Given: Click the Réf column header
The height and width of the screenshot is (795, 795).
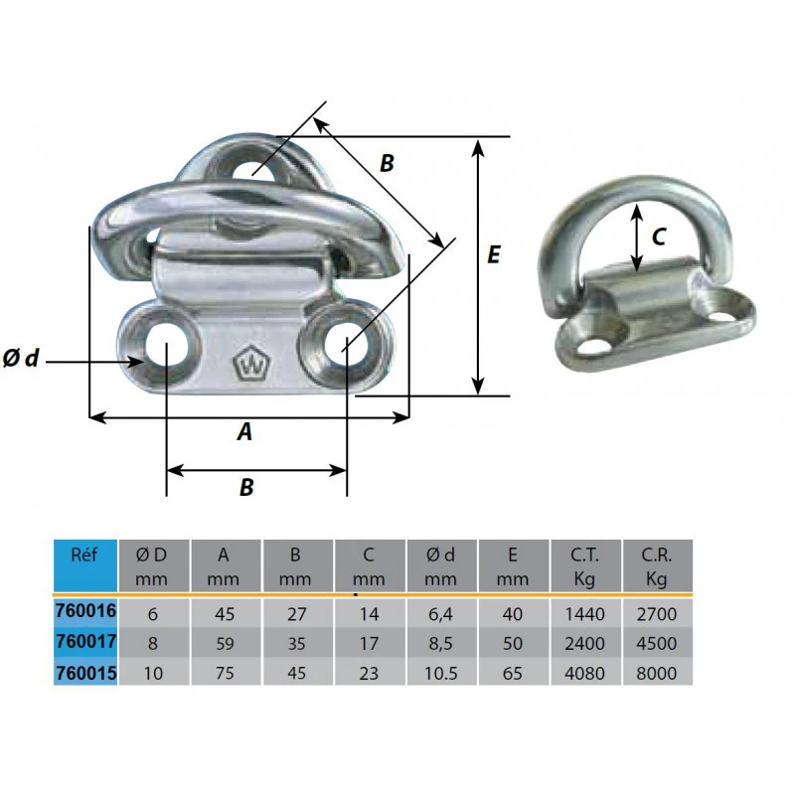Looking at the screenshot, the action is click(84, 555).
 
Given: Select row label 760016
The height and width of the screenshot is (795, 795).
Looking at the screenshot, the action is click(85, 610).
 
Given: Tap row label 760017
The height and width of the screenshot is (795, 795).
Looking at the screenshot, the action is click(85, 641).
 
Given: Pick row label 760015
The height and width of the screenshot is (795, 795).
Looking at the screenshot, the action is click(85, 673).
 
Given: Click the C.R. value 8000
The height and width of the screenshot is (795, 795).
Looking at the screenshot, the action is click(657, 674).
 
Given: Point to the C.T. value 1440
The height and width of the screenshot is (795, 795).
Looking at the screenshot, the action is click(584, 614).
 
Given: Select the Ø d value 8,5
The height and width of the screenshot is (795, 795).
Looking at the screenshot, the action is click(440, 644).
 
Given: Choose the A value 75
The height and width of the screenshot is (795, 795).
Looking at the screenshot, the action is click(225, 674).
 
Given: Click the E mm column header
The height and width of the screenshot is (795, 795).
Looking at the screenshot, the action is click(513, 566).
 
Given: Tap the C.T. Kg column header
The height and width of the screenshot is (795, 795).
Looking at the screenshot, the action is click(584, 566).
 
